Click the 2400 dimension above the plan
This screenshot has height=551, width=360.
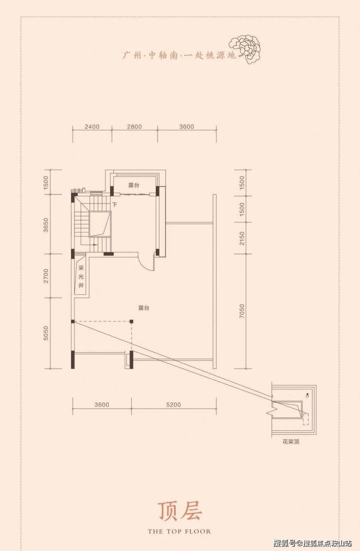92,126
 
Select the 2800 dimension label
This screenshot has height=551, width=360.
134,126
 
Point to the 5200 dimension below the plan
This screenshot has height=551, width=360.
173,405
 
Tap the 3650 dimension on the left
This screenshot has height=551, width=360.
45,225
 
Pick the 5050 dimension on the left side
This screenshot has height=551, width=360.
45,333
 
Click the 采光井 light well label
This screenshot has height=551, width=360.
81,276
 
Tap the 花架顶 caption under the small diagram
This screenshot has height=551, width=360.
291,442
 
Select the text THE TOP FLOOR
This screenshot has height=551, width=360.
180,532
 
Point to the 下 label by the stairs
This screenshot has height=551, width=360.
114,204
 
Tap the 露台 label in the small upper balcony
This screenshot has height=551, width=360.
134,185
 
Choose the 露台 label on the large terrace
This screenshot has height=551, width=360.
144,308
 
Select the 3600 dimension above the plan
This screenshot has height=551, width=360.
186,126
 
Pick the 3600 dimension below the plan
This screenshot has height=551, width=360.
102,405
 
